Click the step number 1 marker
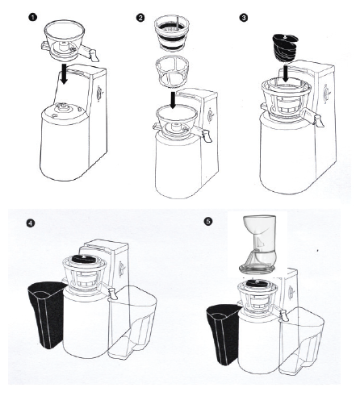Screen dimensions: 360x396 pyautogui.click(x=32, y=18)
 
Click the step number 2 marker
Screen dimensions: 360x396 pyautogui.click(x=140, y=18)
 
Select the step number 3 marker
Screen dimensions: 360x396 pyautogui.click(x=244, y=18)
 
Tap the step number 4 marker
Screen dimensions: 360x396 pyautogui.click(x=31, y=223)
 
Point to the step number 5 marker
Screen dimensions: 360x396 pyautogui.click(x=208, y=221)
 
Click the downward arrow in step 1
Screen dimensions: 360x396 pyautogui.click(x=64, y=73)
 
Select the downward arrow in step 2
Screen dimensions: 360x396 pyautogui.click(x=173, y=100)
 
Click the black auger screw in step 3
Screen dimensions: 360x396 pyautogui.click(x=285, y=48)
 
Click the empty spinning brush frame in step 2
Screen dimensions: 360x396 pyautogui.click(x=172, y=70)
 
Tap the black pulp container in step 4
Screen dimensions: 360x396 pyautogui.click(x=47, y=314)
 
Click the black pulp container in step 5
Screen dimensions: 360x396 pyautogui.click(x=224, y=334)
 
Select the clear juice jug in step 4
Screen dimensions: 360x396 pyautogui.click(x=131, y=322)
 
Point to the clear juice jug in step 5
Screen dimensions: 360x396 pyautogui.click(x=301, y=342)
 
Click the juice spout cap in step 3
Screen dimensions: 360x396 pyautogui.click(x=318, y=120)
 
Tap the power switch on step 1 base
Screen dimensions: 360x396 pyautogui.click(x=99, y=94)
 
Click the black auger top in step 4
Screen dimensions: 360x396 pyautogui.click(x=84, y=258)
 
